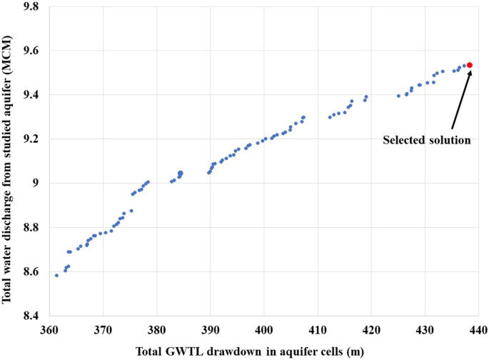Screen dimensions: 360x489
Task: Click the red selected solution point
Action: [x=470, y=65]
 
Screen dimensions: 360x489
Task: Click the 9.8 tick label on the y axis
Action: [x=30, y=6]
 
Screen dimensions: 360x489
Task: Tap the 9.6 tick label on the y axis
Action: [x=30, y=51]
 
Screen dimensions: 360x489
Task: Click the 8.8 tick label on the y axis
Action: [x=30, y=227]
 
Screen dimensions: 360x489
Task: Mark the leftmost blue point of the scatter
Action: [x=56, y=275]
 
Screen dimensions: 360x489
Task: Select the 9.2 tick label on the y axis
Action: [x=30, y=139]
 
